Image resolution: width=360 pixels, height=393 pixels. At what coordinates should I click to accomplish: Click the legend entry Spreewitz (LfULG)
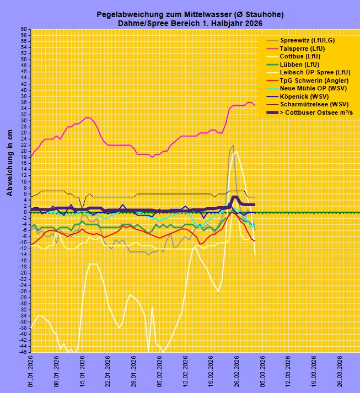[307, 40]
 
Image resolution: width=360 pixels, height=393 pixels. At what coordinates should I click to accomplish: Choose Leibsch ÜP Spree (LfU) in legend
[315, 72]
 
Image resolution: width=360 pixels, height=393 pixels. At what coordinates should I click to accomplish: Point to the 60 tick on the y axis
[24, 29]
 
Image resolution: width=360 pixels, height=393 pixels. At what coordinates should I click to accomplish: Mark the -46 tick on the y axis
[23, 352]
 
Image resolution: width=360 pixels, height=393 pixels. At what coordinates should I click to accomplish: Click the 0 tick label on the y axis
[25, 212]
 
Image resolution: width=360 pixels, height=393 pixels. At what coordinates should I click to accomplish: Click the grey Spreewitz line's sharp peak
[233, 146]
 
